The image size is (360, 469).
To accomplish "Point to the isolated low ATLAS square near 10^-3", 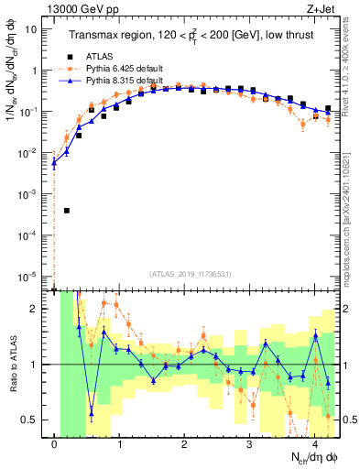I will click(x=67, y=210).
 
